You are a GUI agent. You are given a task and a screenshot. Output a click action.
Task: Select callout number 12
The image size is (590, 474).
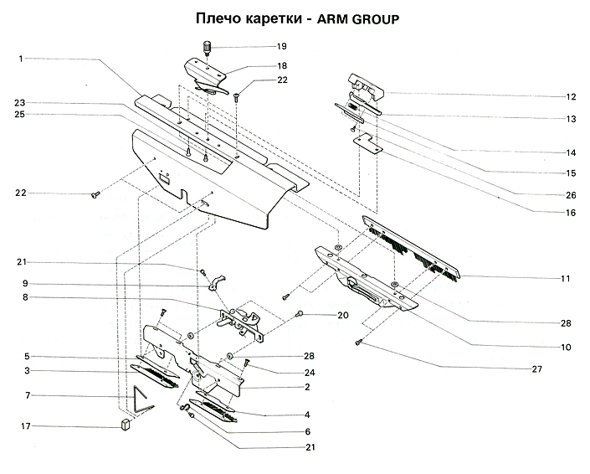571,96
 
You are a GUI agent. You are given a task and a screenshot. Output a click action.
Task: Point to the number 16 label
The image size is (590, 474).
571,213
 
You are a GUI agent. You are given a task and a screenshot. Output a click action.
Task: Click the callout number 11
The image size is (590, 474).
566,276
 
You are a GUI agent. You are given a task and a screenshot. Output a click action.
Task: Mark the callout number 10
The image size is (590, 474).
566,346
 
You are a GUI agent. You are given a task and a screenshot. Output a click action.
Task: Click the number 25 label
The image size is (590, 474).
19,115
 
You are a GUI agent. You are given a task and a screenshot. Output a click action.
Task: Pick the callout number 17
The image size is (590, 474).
26,426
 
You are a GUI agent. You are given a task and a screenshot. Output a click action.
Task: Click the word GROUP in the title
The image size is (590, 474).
366,18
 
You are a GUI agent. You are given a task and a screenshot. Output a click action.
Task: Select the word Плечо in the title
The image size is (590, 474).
218,18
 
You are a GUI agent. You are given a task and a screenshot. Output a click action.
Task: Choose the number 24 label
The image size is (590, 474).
309,373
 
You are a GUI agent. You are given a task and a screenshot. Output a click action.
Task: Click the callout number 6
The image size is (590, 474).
308,431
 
